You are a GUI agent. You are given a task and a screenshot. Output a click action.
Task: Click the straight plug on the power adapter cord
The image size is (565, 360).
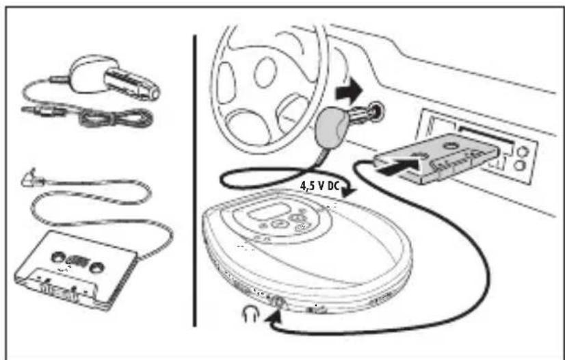[34, 110]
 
